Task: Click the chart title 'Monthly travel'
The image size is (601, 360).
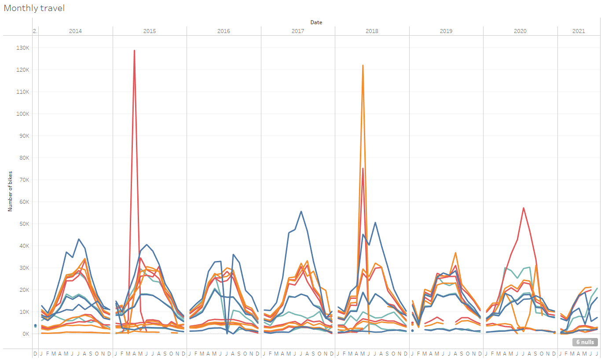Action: pos(34,8)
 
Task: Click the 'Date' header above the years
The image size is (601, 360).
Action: pos(316,22)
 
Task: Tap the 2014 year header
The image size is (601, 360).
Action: pos(75,31)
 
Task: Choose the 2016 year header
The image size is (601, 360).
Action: pos(224,31)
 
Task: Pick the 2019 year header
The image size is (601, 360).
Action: pos(446,31)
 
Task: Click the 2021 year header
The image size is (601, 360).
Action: pos(579,31)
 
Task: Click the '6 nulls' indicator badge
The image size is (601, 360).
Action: pos(585,342)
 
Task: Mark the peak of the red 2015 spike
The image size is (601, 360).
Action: pos(134,50)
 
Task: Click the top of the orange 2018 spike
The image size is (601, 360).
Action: pos(363,66)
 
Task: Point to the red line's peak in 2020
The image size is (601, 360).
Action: pos(523,208)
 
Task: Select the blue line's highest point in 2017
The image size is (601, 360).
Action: pos(301,211)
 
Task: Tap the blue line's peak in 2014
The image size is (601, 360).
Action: pos(78,239)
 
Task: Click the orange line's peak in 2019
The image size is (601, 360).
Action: pos(455,253)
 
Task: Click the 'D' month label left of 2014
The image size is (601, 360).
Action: pos(35,353)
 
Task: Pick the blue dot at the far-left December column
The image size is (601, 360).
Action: pos(35,325)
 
